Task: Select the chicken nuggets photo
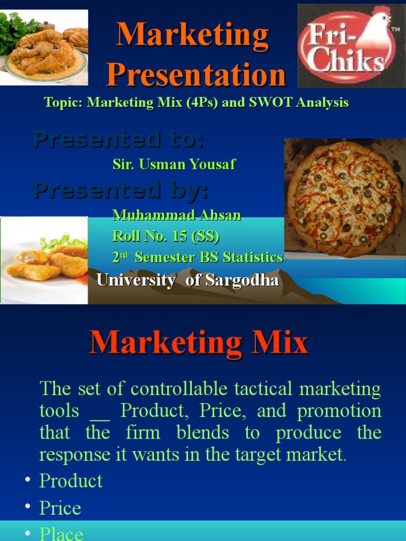click(44, 260)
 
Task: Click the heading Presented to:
click(118, 140)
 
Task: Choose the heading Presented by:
click(121, 190)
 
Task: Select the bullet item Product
click(71, 481)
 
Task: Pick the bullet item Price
click(60, 508)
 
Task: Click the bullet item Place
click(61, 534)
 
